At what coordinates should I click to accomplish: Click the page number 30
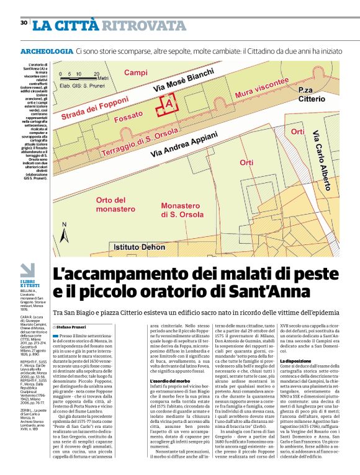[24, 23]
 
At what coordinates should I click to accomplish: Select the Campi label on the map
[136, 73]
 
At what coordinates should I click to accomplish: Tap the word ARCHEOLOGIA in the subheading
[47, 51]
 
